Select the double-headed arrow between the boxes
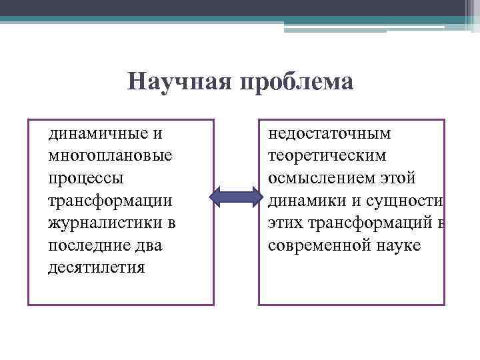(236, 196)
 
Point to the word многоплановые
(110, 156)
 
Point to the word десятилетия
(97, 268)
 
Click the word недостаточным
(329, 133)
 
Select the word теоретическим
(326, 156)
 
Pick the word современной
(317, 245)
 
